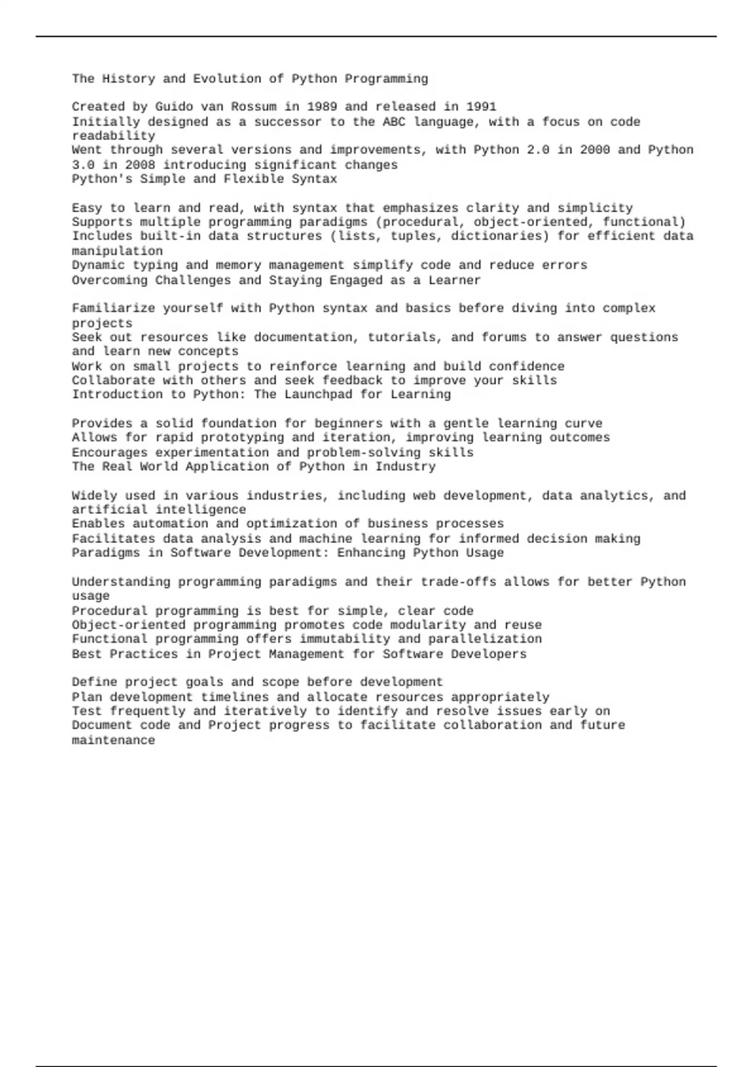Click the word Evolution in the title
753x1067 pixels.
[x=227, y=78]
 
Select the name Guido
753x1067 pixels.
[x=174, y=107]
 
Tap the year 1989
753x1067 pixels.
[x=321, y=107]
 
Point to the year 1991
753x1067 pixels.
[x=481, y=107]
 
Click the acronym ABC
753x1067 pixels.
[x=394, y=122]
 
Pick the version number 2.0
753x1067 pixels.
[x=538, y=150]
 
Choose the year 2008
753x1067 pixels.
[x=140, y=165]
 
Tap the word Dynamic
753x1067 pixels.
[x=98, y=265]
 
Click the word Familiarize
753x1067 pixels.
[x=113, y=308]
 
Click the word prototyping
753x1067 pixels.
[x=238, y=437]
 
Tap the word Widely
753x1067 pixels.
[x=94, y=496]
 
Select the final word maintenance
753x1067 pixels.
[x=113, y=741]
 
